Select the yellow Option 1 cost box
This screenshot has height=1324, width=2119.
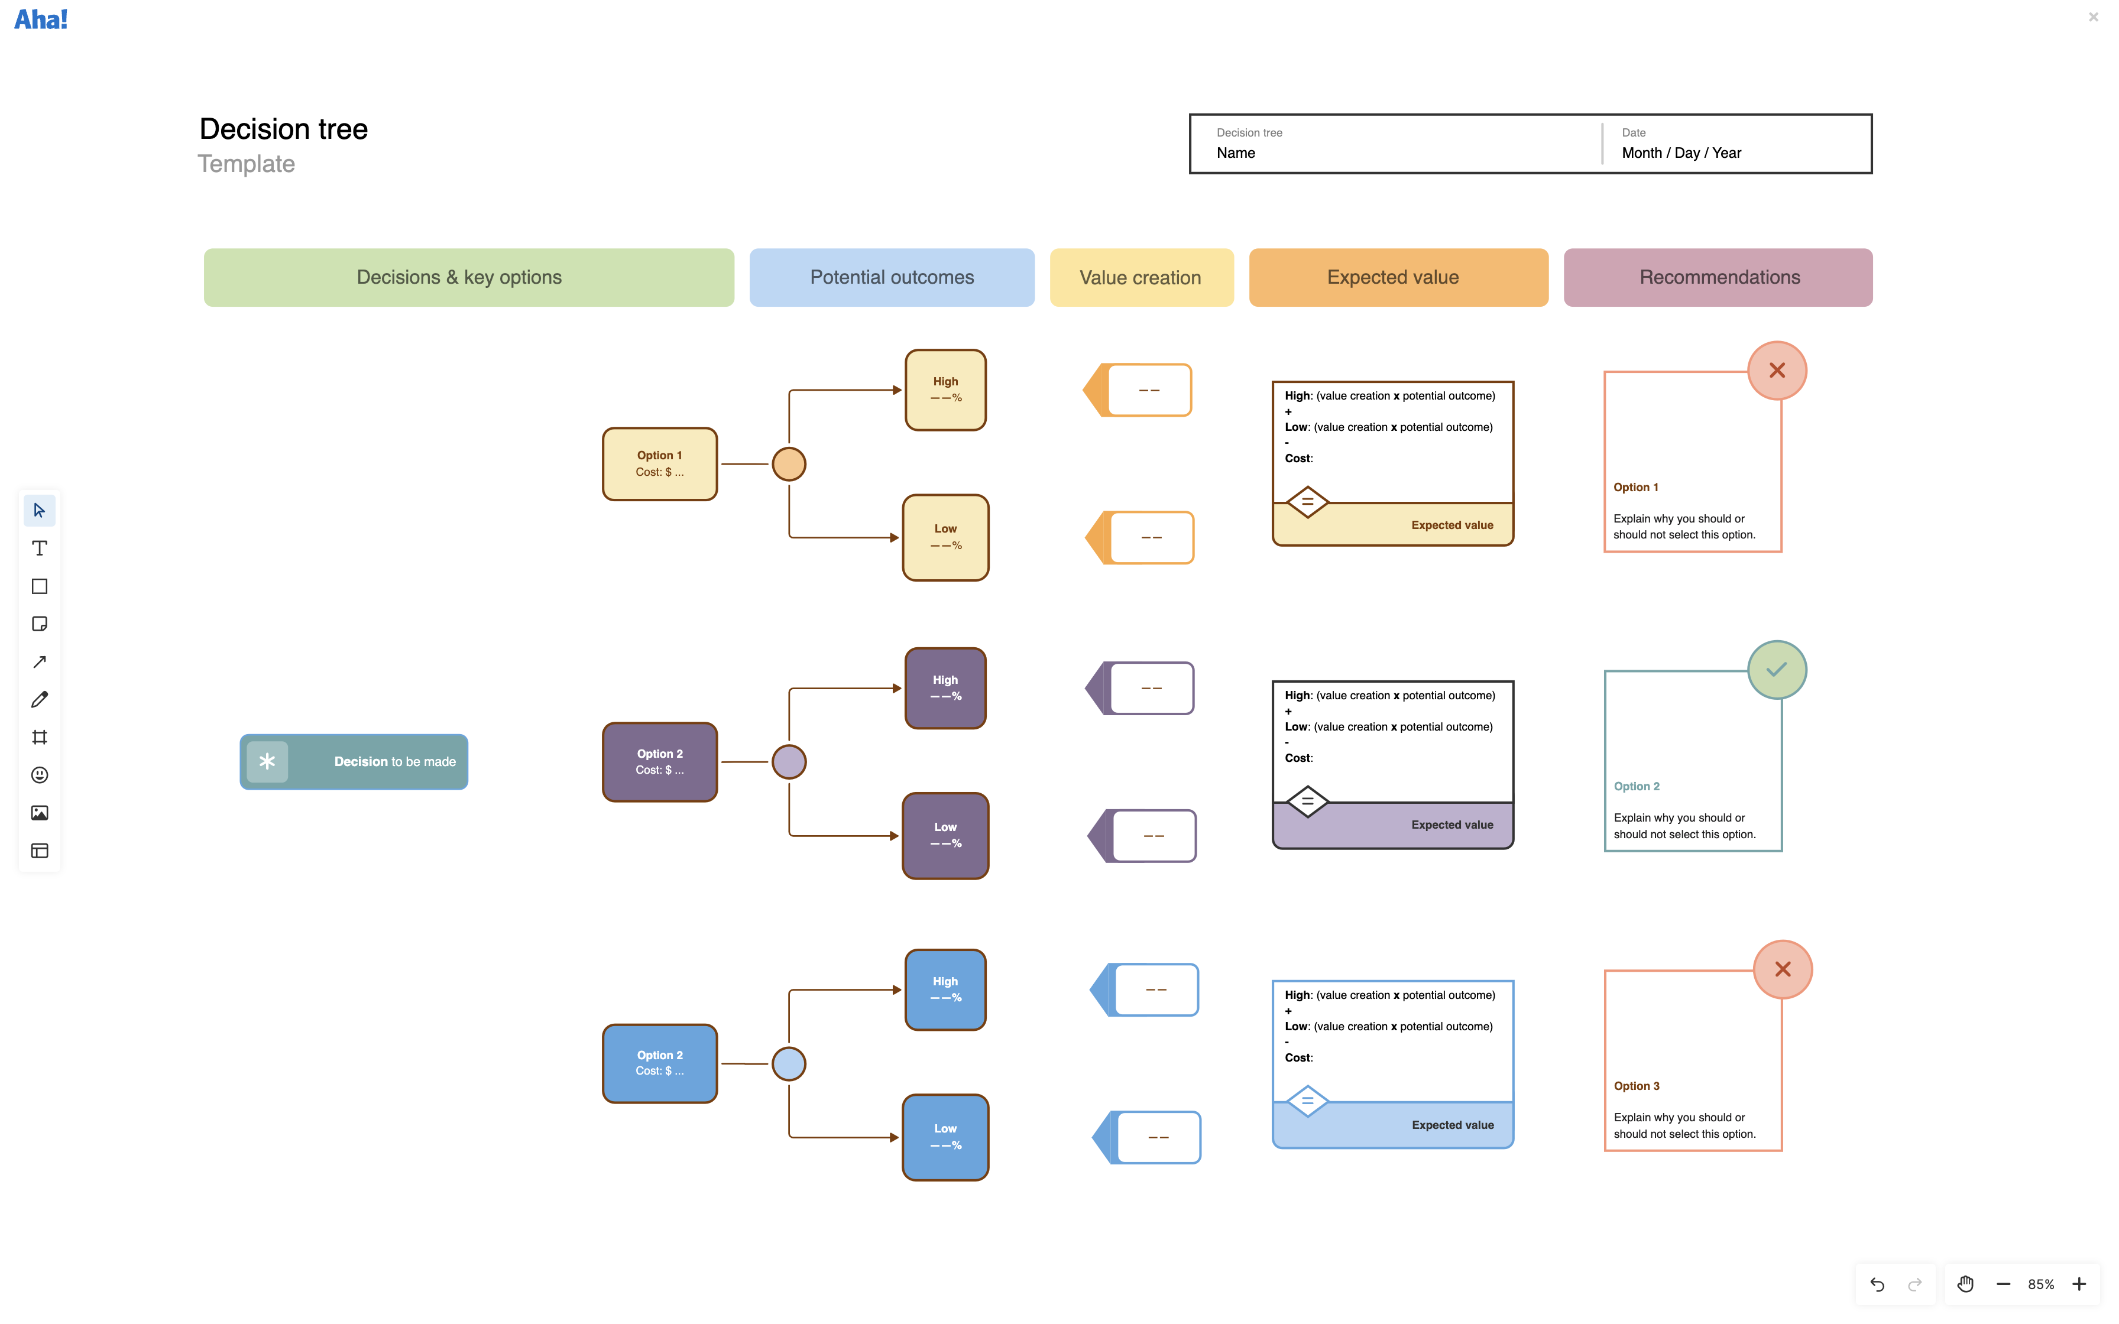pos(659,464)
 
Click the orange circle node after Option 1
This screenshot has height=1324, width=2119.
pos(789,464)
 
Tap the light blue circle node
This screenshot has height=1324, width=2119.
pos(789,1064)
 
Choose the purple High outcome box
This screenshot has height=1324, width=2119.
pos(945,688)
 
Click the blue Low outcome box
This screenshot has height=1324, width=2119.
pos(945,1137)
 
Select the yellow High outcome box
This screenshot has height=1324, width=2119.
pos(945,390)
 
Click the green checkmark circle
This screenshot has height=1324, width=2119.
pos(1777,670)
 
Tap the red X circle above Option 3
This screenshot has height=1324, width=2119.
pos(1782,969)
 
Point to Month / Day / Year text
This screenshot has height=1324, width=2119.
pos(1681,153)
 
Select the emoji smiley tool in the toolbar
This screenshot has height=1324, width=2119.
pos(40,775)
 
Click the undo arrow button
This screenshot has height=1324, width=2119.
pos(1877,1284)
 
